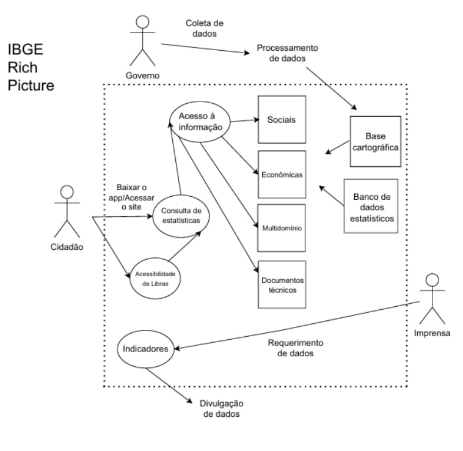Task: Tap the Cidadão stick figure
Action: (67, 211)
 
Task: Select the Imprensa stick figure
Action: (432, 299)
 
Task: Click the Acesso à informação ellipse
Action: (200, 122)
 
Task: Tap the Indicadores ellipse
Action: (145, 350)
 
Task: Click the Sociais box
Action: (281, 120)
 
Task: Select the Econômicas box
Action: (282, 174)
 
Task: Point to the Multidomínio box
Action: (282, 228)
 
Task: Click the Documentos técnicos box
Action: (282, 285)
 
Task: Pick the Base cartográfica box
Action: (376, 141)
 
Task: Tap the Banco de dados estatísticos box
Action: (371, 206)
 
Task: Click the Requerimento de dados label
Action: (295, 347)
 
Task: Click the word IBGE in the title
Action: (25, 50)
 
